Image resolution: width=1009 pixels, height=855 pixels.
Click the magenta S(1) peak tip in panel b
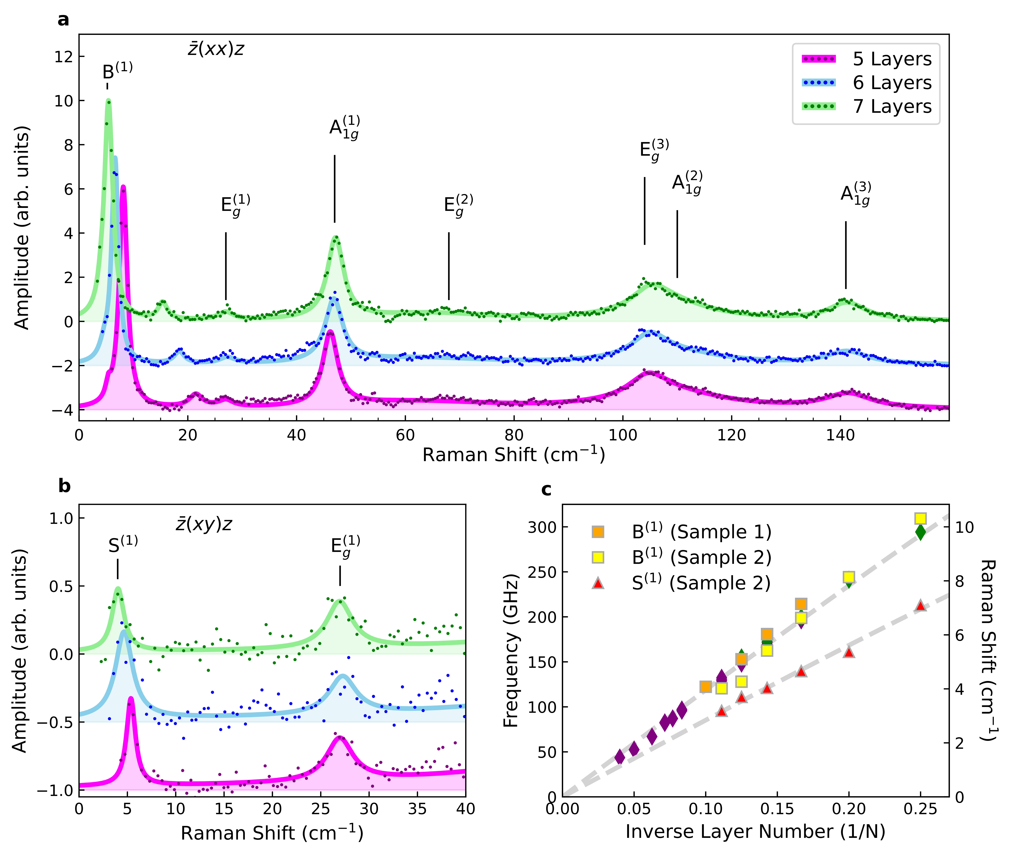(130, 699)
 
